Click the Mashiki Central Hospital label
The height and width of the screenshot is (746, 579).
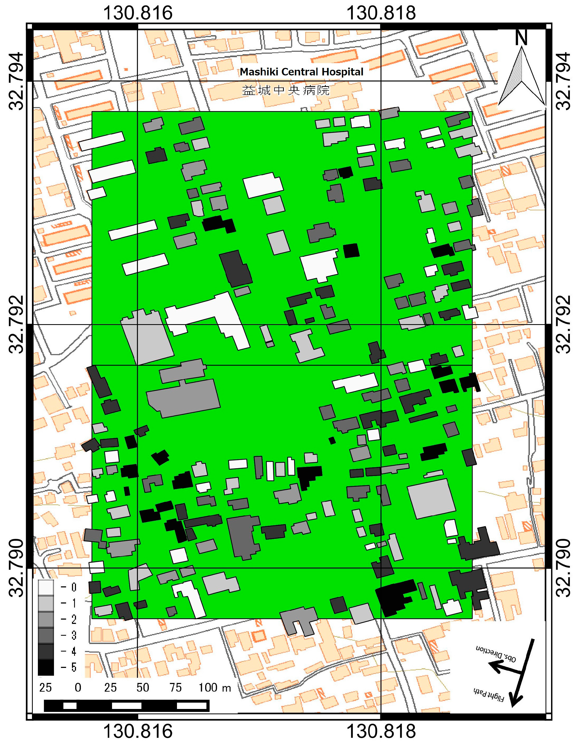(302, 72)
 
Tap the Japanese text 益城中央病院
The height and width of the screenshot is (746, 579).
(286, 90)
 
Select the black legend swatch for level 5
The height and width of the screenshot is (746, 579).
(46, 667)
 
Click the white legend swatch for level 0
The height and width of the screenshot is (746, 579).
(46, 587)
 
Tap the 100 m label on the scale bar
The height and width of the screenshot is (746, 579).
(215, 688)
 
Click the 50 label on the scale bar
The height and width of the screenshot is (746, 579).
(143, 688)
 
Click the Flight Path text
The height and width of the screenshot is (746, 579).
(489, 694)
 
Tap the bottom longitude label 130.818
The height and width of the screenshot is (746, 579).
(381, 731)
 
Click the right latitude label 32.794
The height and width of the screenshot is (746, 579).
(563, 81)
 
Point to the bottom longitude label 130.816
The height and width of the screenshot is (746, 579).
(138, 731)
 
